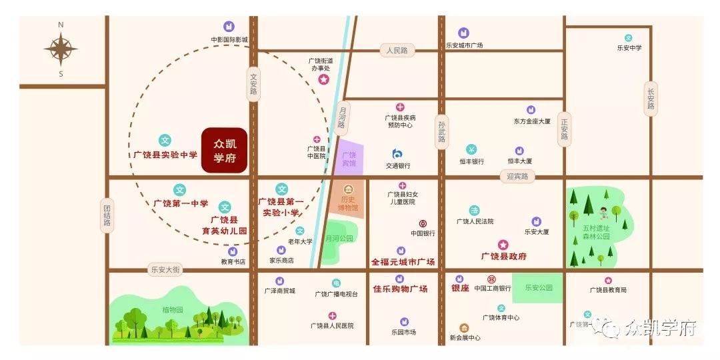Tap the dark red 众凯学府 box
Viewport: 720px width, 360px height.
pos(225,151)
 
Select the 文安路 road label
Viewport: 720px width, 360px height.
pos(253,85)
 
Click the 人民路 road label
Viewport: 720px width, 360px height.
pos(397,51)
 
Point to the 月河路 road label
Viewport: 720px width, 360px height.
pos(343,115)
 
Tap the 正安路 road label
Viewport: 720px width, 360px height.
pos(565,129)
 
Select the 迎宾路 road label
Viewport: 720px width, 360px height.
pos(517,177)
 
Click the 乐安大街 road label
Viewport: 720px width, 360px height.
pos(164,269)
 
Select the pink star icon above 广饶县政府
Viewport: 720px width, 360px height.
pos(503,245)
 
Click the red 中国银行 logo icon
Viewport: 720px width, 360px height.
pos(423,223)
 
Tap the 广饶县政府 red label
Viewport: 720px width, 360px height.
pos(504,256)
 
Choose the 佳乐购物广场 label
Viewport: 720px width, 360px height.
pos(400,289)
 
